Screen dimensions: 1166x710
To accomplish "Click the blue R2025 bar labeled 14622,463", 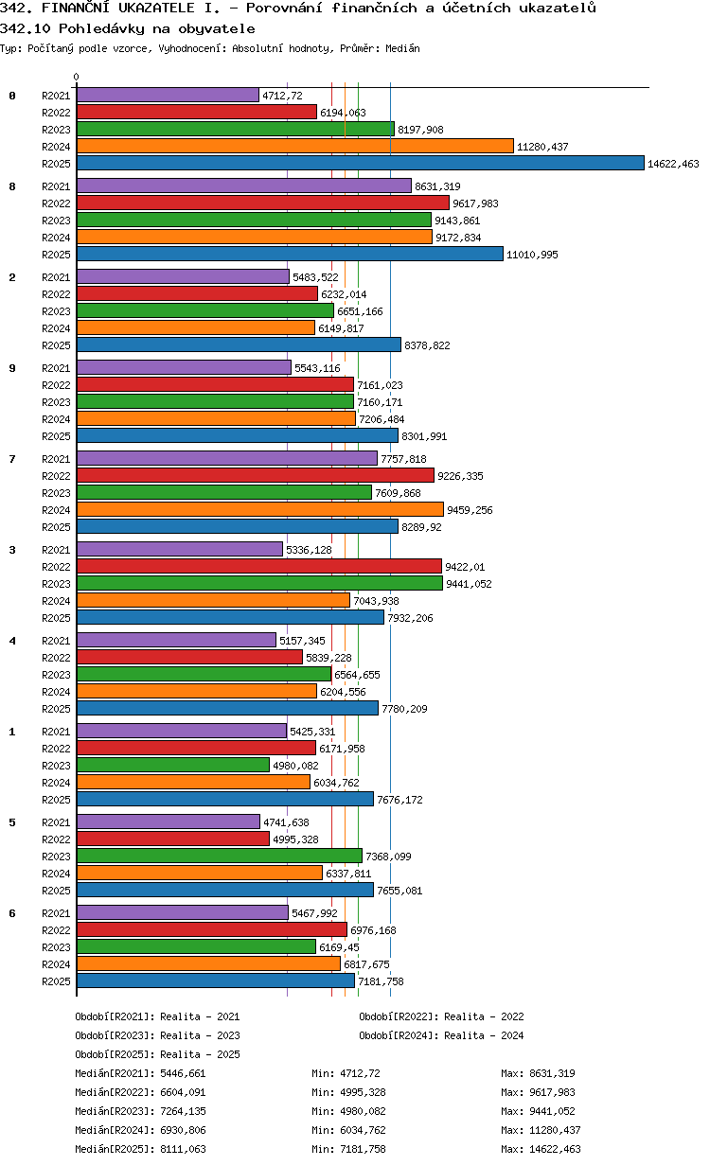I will [x=360, y=163].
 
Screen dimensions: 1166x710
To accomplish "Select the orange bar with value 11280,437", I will [x=294, y=146].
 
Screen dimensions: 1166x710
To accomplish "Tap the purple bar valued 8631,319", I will [x=243, y=185].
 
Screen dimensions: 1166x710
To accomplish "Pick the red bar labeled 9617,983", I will [x=262, y=203].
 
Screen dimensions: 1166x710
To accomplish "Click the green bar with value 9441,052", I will [x=259, y=583].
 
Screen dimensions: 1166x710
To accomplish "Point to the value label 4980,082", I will [x=296, y=766].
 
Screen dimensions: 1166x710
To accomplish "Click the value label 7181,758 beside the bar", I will [x=381, y=981].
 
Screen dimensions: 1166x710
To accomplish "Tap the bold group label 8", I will [x=12, y=186].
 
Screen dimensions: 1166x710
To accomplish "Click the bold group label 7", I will [x=12, y=459].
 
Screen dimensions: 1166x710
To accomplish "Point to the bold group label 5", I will [x=12, y=822].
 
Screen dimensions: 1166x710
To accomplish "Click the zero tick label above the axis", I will [x=77, y=78].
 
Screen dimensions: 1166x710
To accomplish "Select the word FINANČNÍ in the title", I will [x=84, y=9].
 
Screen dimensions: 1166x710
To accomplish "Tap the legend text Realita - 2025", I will [x=200, y=1054].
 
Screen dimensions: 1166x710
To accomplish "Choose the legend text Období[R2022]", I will [x=399, y=1016].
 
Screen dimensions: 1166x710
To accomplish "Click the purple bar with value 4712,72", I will [x=168, y=95].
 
